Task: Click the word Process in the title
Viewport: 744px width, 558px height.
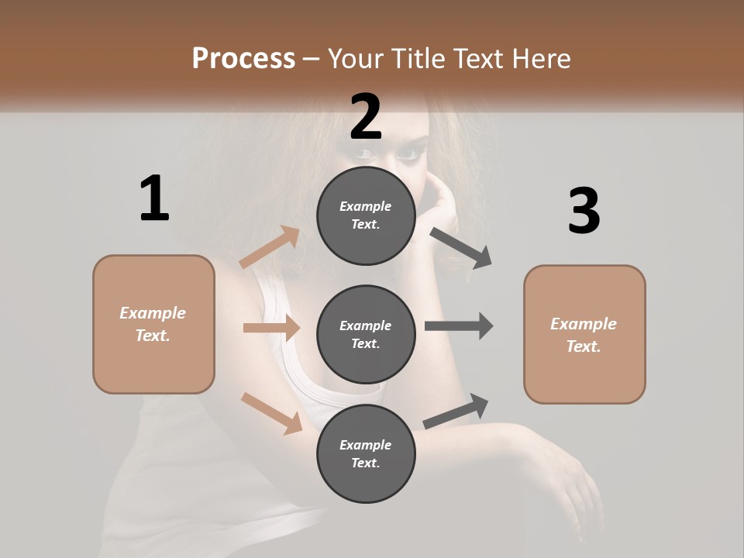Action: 243,59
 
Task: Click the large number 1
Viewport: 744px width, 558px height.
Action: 154,199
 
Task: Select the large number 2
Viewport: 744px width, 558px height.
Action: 366,117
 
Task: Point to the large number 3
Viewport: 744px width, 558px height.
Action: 584,211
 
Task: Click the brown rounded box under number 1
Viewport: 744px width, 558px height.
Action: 153,324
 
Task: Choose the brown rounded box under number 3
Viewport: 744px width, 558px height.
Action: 584,334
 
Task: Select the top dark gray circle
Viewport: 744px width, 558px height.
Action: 366,215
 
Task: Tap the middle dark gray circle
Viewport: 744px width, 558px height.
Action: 366,334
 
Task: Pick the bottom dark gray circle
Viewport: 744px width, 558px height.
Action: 366,453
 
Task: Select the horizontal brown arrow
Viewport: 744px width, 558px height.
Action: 271,328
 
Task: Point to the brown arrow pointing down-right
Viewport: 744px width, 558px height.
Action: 272,412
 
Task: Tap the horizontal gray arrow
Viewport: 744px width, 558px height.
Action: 458,325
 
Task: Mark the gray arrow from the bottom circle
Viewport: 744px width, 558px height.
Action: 456,412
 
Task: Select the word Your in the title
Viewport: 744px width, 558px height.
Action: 354,59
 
